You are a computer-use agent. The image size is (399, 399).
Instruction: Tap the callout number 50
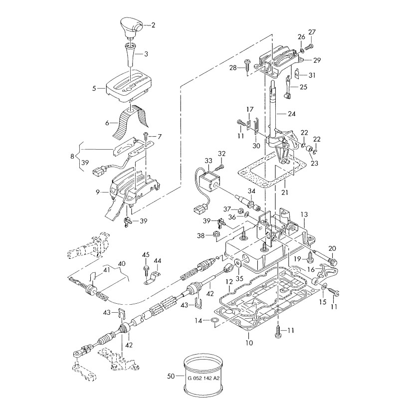[171, 377]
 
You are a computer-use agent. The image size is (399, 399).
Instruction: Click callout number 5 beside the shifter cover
[94, 88]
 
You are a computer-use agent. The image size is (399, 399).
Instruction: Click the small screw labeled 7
[145, 136]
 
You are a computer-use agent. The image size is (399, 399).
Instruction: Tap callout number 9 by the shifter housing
[98, 191]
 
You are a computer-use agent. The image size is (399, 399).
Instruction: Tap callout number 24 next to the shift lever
[292, 114]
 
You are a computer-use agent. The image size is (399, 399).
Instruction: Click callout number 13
[304, 214]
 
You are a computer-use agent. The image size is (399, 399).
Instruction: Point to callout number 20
[333, 248]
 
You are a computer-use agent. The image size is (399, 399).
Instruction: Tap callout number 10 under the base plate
[249, 343]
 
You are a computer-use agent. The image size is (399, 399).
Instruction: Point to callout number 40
[121, 263]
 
